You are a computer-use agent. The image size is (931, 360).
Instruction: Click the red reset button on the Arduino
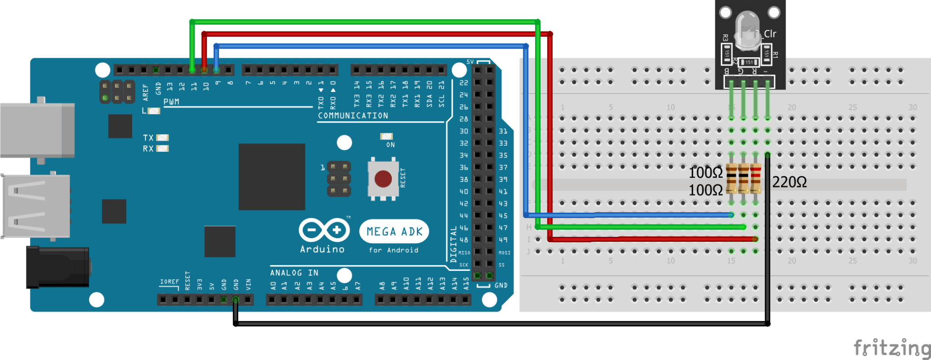383,179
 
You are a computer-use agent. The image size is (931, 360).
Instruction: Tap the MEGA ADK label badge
394,231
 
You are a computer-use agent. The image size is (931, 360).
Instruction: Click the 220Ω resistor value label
789,182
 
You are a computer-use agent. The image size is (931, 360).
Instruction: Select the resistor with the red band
756,179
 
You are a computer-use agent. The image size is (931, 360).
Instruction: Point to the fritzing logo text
891,348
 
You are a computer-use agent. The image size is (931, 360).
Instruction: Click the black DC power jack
57,267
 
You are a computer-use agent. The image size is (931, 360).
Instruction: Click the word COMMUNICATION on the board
353,115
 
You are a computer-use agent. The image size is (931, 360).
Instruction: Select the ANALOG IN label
294,273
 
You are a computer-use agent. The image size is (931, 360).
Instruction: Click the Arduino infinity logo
324,230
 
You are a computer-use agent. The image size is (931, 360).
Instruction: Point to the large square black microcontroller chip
271,177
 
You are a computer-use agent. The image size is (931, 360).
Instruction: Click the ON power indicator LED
386,136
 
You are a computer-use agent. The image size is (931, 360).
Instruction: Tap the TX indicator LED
162,138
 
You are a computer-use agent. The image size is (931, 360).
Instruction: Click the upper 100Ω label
705,173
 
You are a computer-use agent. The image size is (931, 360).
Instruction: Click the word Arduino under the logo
322,249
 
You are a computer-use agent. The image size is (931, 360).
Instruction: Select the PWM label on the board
171,102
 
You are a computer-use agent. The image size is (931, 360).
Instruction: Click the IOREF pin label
169,282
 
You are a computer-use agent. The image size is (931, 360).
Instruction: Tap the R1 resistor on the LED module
766,54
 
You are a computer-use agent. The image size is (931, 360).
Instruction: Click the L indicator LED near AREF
154,110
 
